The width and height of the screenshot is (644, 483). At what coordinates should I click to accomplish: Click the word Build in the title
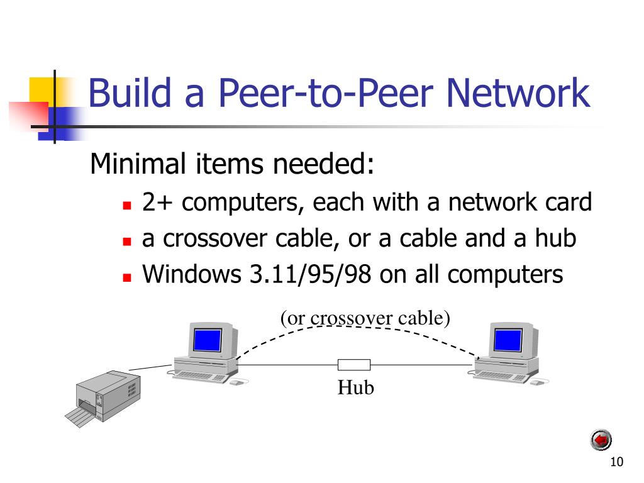130,92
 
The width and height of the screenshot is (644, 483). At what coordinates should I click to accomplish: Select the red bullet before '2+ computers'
127,205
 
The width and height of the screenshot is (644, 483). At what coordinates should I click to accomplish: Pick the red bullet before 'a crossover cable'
127,241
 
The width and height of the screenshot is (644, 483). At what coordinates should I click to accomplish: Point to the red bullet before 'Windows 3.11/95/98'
127,277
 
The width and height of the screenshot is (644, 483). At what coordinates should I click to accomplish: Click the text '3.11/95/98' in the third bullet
311,274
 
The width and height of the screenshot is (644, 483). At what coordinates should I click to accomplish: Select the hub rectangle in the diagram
354,364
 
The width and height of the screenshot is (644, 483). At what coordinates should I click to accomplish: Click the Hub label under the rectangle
356,387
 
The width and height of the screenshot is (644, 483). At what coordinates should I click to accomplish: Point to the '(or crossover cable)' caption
365,318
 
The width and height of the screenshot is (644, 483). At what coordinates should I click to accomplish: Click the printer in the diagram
104,398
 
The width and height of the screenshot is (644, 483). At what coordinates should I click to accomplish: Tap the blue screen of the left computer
208,340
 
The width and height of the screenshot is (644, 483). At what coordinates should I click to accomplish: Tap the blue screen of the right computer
508,340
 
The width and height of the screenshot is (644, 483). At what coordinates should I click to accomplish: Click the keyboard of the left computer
199,377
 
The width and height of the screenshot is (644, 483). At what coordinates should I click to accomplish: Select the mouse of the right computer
537,382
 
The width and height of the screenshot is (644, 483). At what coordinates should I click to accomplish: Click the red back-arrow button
601,440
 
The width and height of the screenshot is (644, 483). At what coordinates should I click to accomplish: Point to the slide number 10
616,462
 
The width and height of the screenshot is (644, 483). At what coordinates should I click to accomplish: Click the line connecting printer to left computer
150,367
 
